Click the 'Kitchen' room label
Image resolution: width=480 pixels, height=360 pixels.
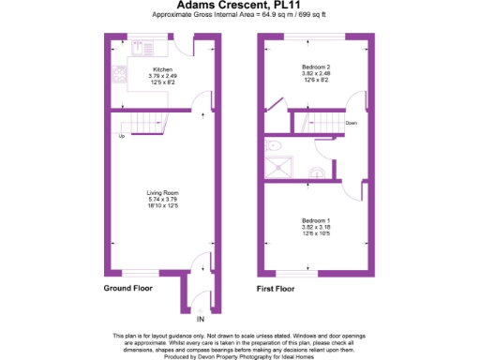pyautogui.click(x=162, y=70)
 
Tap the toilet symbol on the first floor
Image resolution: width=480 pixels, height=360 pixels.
pyautogui.click(x=273, y=146)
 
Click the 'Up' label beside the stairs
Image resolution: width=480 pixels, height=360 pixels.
pyautogui.click(x=122, y=137)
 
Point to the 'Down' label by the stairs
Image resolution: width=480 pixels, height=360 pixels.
pyautogui.click(x=351, y=123)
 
